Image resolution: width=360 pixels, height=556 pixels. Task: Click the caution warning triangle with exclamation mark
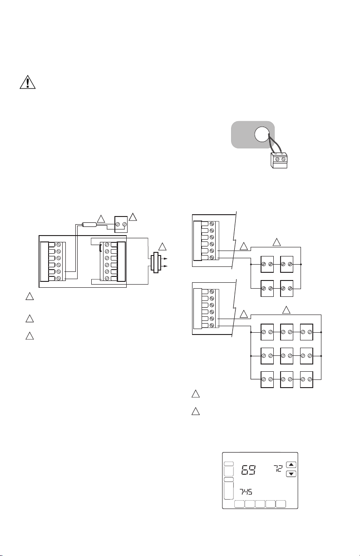coord(27,83)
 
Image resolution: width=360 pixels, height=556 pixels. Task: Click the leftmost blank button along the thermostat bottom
coord(239,504)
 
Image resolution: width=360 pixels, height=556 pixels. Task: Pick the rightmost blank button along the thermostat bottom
coord(281,504)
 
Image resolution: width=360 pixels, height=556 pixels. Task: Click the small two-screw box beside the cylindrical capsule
coord(121,223)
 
